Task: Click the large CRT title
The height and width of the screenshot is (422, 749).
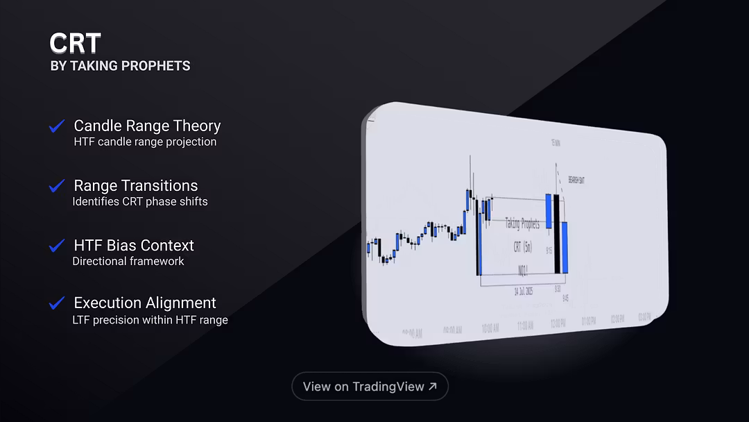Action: pos(75,44)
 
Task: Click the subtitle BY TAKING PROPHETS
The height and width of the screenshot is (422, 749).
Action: pos(120,66)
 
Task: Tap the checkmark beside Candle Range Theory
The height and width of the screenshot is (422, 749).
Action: pos(57,126)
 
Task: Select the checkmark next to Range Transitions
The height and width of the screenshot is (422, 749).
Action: pos(57,186)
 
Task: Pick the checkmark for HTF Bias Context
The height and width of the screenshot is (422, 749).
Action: pos(57,246)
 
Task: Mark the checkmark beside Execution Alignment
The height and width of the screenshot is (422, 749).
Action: pos(57,303)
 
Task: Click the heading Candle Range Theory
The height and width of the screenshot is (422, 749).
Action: pos(147,126)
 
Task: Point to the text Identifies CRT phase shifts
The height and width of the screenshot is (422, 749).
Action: pos(140,202)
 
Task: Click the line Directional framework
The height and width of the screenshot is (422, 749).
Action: pos(128,262)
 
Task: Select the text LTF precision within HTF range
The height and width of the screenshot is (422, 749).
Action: pos(150,320)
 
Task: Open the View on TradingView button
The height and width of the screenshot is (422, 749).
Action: pos(370,387)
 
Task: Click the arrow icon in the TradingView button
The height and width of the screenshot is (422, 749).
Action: pos(433,387)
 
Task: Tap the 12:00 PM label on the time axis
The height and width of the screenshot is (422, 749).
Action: pos(558,323)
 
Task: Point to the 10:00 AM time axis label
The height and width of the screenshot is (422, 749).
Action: pos(490,328)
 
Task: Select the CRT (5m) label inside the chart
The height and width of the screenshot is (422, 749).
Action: pos(522,247)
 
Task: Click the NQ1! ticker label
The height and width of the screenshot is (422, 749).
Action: pos(524,269)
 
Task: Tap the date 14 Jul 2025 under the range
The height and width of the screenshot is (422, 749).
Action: pos(524,292)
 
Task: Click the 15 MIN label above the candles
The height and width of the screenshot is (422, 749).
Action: pos(555,142)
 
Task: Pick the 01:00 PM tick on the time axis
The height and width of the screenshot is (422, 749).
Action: pos(589,321)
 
